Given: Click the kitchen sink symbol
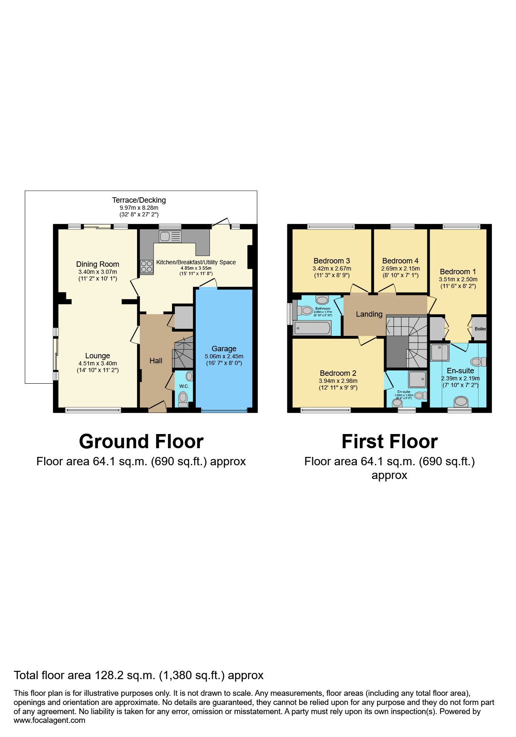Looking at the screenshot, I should point(170,236).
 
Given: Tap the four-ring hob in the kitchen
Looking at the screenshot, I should point(147,266).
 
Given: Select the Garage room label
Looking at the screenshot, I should point(224,349).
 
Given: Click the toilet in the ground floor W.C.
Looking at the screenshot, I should point(183,398).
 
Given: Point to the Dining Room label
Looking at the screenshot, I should point(97,264).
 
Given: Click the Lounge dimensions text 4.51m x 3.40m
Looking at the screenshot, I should point(97,363).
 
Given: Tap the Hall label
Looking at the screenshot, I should point(156,361).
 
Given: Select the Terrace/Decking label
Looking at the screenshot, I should point(139,200).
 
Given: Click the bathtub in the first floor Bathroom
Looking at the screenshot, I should point(312,328).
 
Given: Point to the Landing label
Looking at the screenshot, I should point(369,314).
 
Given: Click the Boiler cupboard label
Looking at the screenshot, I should point(480,329).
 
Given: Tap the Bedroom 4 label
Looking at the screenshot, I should point(400,261).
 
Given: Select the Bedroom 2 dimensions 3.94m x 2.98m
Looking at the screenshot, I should point(338,381).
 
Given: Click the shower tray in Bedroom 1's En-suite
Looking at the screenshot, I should point(440,352).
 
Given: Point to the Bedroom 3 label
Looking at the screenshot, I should point(332,261).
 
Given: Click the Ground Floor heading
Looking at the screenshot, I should point(141,442).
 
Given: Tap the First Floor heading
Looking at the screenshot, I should point(389,442).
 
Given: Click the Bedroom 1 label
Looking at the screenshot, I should point(458,272).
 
